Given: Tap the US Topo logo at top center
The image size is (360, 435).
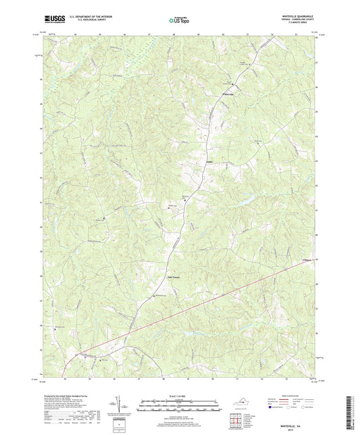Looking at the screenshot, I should coord(178,22).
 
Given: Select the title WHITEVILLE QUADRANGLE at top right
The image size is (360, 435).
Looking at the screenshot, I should coord(291,16).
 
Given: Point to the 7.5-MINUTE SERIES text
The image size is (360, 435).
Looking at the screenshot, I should coord(291,26).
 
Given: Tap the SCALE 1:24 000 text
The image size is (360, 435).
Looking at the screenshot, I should coord(180,395).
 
